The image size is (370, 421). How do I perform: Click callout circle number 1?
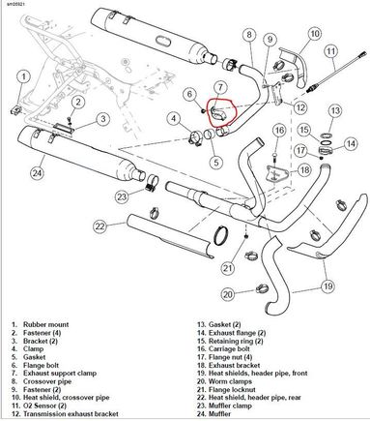(23, 77)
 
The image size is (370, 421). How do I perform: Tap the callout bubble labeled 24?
(38, 173)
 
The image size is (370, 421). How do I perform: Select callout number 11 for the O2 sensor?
(331, 51)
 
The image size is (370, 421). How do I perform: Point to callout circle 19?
(327, 286)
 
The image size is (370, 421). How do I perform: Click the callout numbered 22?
(100, 226)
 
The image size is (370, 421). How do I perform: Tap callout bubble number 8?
(249, 35)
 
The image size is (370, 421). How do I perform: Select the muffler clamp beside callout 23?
(153, 183)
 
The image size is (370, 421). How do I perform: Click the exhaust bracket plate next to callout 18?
(274, 172)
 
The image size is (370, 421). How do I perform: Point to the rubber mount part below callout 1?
(16, 109)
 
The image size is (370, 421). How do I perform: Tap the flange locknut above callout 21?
(246, 236)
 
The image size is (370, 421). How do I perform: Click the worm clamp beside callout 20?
(262, 288)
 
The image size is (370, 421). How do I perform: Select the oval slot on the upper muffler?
(161, 41)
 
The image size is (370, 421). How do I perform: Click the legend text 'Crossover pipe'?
(47, 381)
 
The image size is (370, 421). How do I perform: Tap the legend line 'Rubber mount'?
(46, 324)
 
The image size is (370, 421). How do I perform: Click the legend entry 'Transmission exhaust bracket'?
(71, 413)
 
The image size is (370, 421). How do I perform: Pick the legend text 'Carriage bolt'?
(229, 348)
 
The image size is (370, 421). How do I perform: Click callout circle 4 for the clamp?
(174, 118)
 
